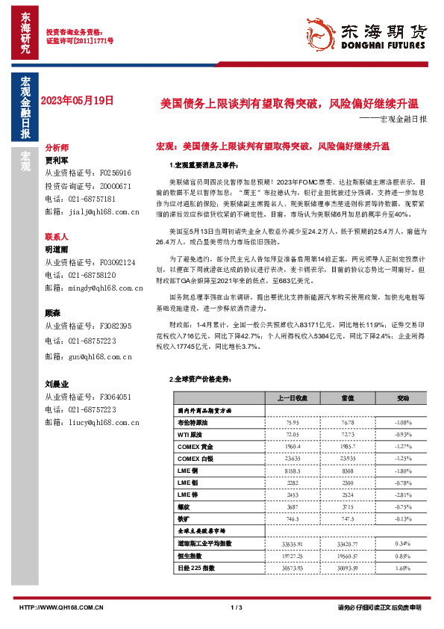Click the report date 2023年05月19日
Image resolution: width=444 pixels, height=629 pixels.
point(78,99)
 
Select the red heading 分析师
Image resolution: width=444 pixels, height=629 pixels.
point(57,148)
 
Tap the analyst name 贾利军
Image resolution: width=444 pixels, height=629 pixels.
point(57,159)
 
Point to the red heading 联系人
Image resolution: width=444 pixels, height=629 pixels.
point(57,235)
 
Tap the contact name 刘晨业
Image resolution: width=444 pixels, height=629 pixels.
point(57,384)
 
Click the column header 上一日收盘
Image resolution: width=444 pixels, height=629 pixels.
point(293,397)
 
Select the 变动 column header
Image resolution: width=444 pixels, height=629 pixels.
point(402,397)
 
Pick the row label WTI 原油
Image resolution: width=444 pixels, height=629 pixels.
point(192,434)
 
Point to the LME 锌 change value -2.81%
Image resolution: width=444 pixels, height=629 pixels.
point(402,495)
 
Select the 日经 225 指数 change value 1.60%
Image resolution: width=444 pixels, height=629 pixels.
point(402,568)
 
